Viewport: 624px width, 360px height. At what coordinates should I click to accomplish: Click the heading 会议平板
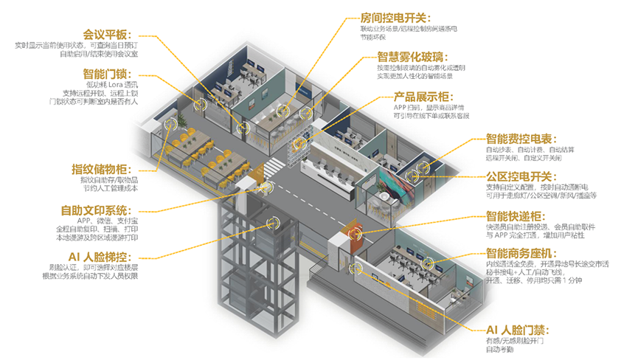point(108,34)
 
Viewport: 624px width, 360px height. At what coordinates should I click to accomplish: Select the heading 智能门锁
point(108,74)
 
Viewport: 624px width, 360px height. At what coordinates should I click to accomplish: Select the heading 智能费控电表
point(517,138)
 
